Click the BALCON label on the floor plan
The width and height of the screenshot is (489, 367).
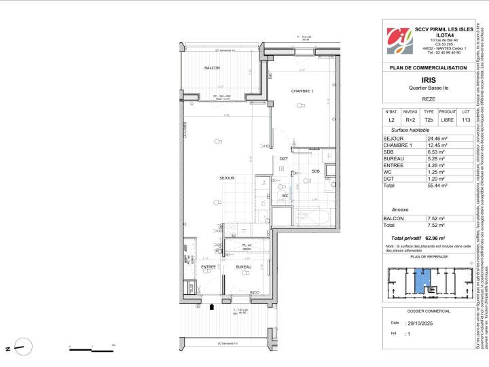[x=212, y=68]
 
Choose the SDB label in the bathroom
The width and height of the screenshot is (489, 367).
[x=316, y=171]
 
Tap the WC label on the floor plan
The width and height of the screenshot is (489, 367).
[x=285, y=195]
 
